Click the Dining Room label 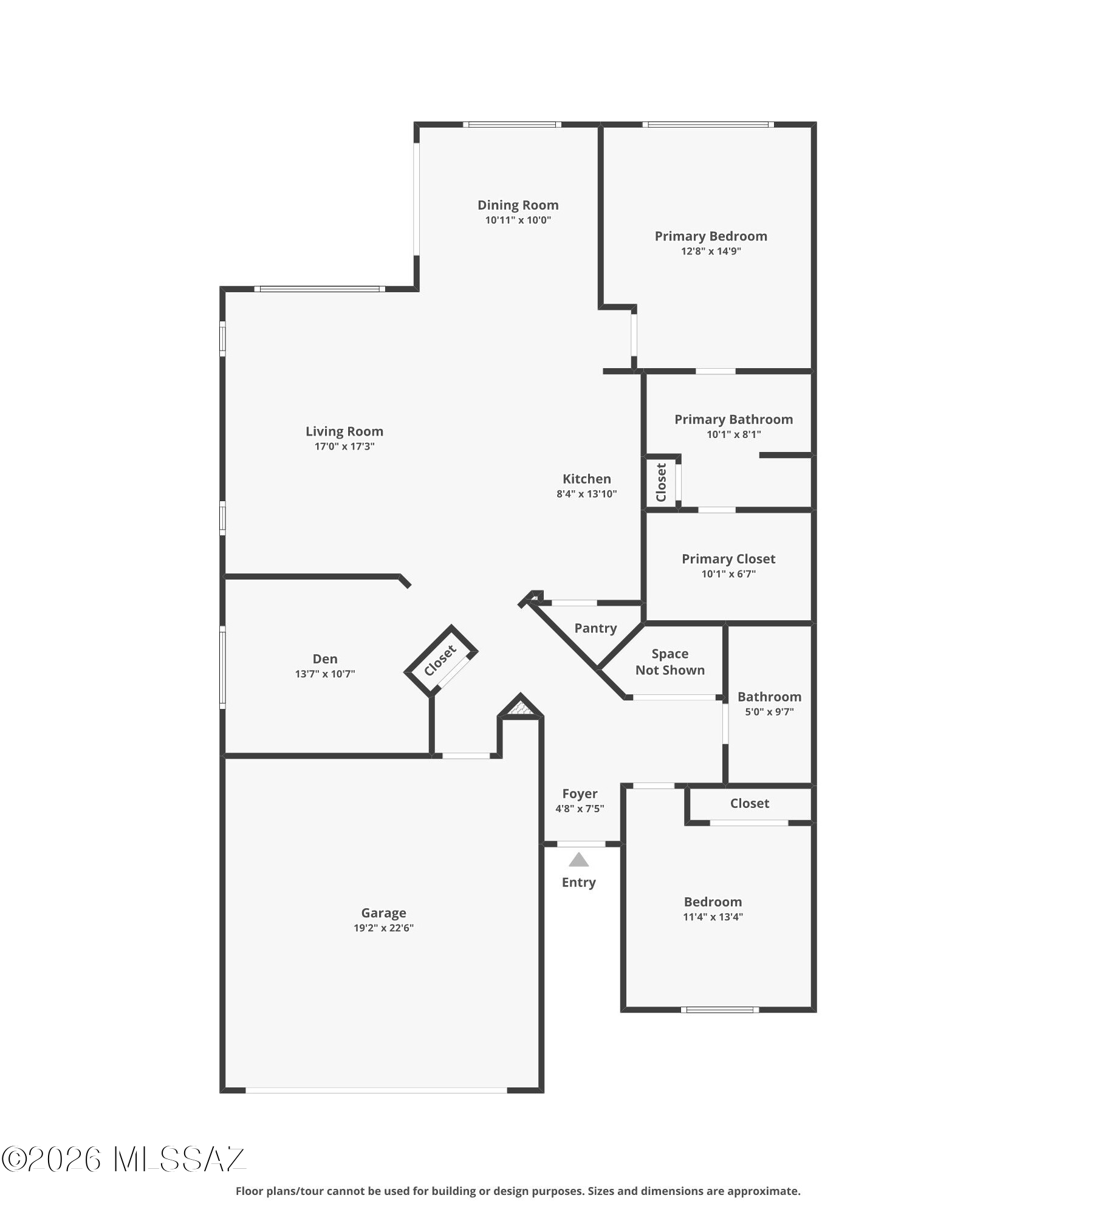tap(518, 205)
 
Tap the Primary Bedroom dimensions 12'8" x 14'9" tap(711, 252)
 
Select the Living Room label tap(344, 431)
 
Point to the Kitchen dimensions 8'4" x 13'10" tap(586, 494)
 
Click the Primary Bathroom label tap(733, 419)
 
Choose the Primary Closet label tap(728, 559)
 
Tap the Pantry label tap(595, 628)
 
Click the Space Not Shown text tap(670, 662)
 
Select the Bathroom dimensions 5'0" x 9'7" tap(769, 712)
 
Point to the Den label tap(325, 659)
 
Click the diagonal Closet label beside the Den tap(440, 661)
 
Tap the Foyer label tap(580, 793)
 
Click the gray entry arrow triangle tap(579, 860)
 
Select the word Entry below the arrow tap(578, 882)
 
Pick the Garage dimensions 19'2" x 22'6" tap(383, 928)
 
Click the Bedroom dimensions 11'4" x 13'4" tap(713, 917)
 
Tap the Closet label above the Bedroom tap(750, 803)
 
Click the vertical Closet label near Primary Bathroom tap(662, 482)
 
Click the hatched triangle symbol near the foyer tap(520, 707)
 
